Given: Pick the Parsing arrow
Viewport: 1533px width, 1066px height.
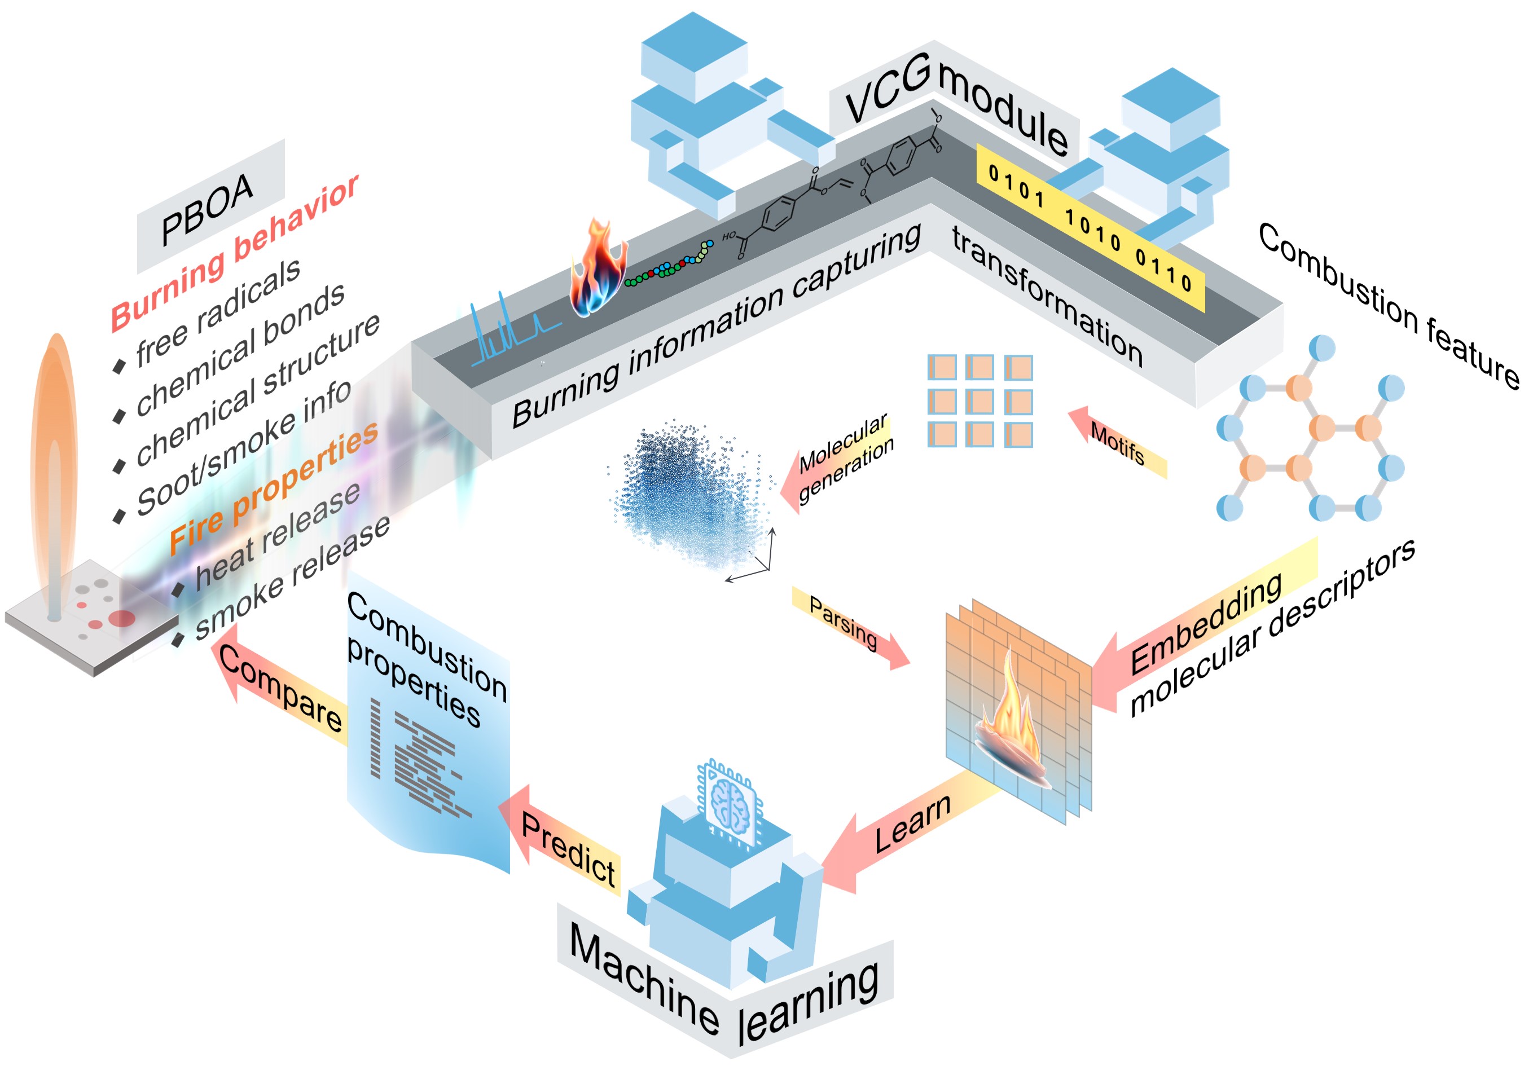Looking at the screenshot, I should (x=851, y=627).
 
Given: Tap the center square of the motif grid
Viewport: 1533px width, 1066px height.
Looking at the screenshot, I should (x=979, y=401).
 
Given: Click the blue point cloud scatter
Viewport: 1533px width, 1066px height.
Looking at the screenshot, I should (x=688, y=494).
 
